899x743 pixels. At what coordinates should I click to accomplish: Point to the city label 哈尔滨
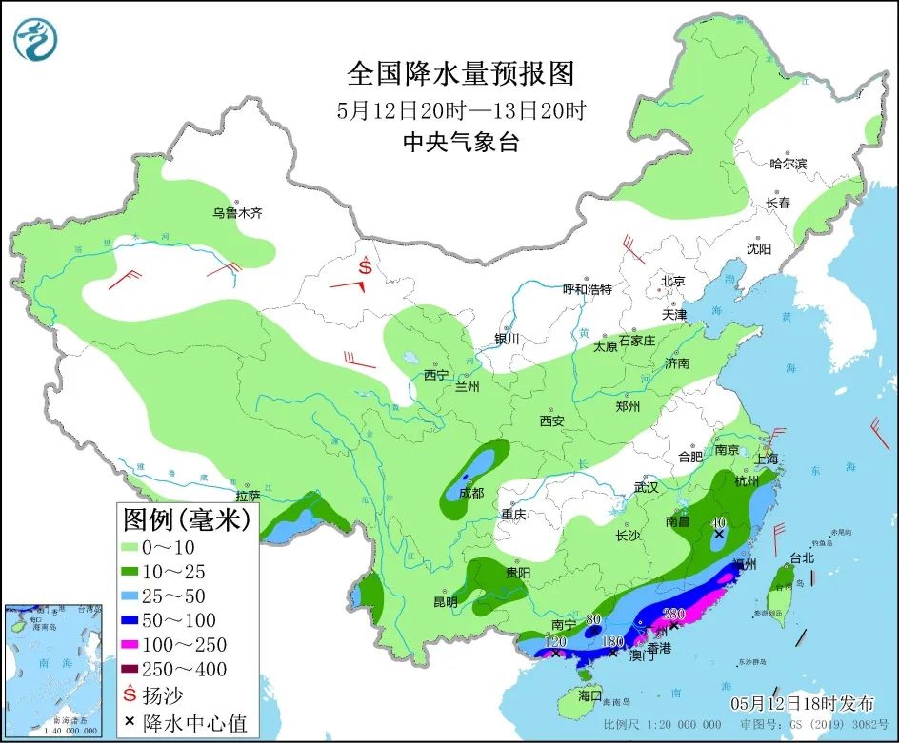788,164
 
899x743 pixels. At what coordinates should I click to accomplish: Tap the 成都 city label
470,493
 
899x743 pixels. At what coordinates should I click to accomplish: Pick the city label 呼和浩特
587,289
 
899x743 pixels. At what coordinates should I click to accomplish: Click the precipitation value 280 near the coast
674,613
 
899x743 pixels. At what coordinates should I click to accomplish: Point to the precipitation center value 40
719,522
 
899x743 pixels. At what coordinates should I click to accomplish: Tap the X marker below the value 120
556,654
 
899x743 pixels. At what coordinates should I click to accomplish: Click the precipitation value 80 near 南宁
593,619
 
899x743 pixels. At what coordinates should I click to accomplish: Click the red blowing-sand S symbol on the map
367,268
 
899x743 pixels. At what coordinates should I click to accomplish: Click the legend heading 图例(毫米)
187,519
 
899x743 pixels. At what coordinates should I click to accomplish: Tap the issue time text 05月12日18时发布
802,704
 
